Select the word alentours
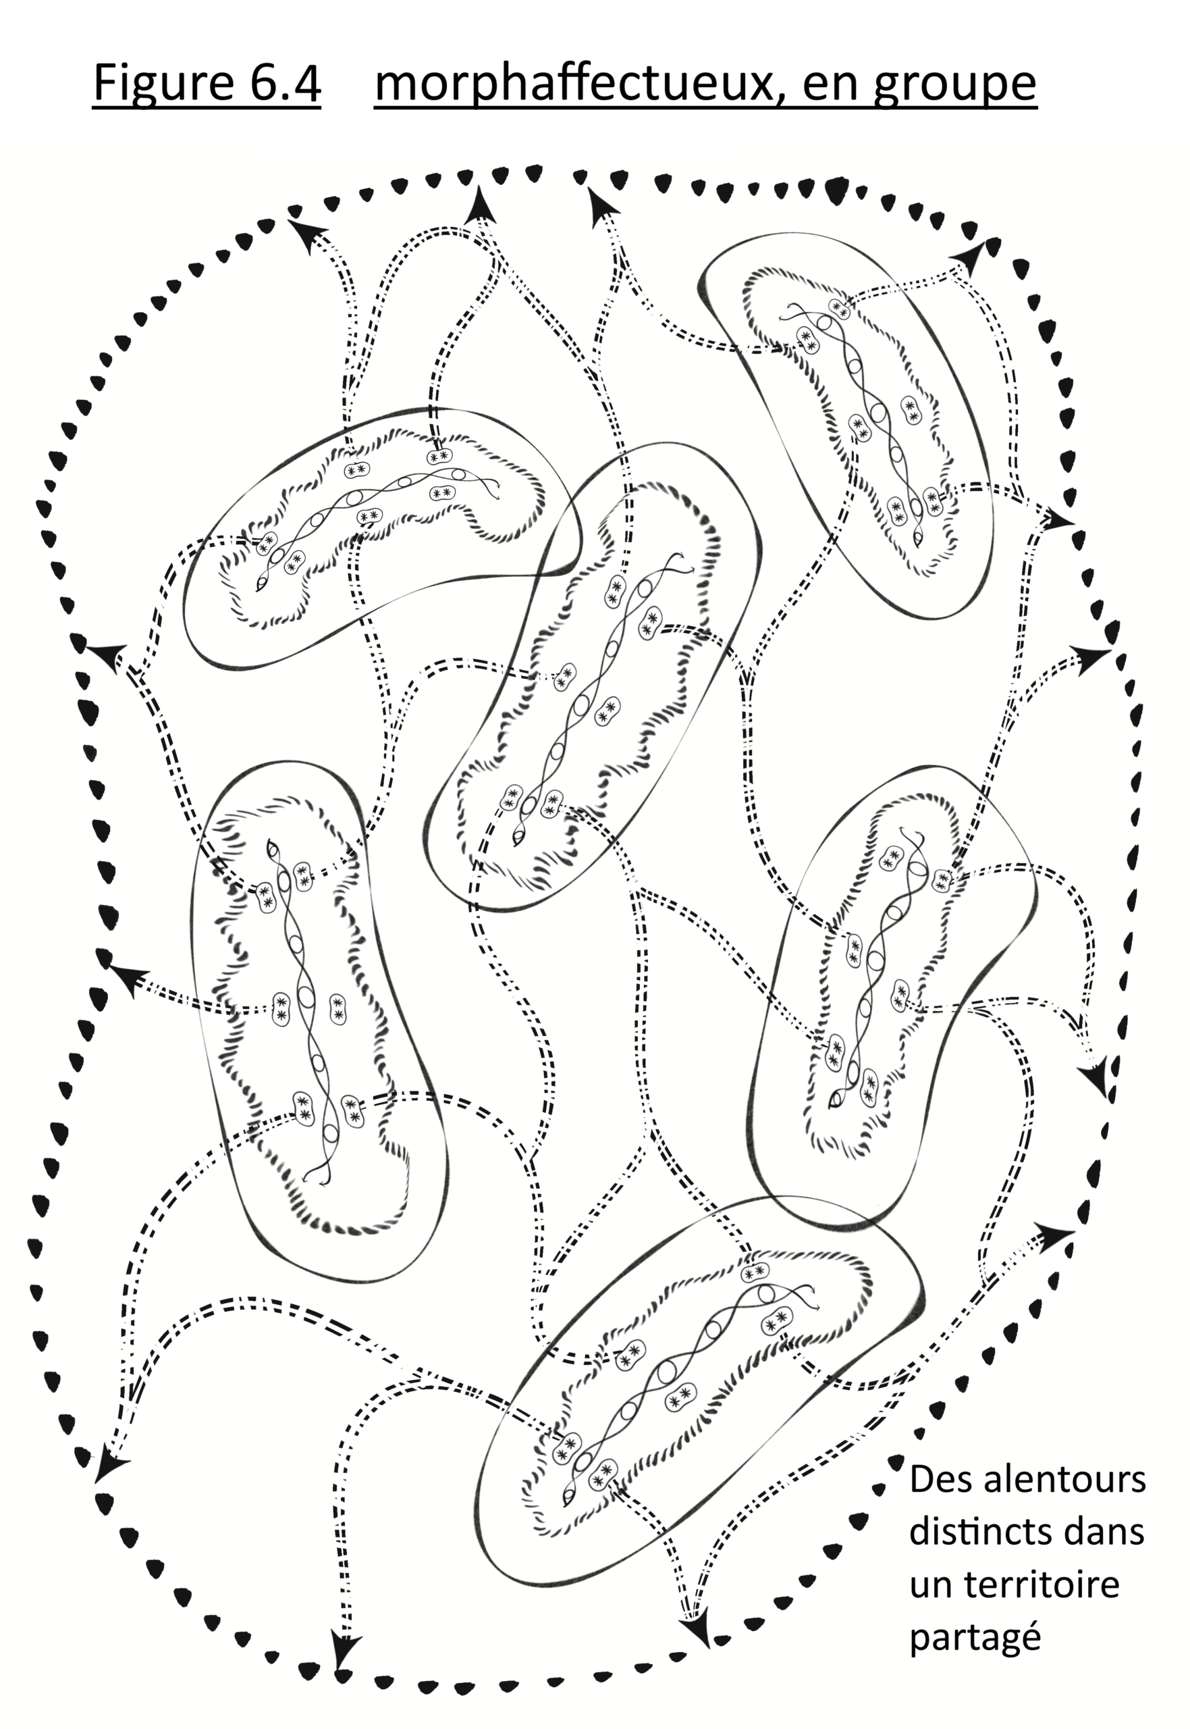1064,1478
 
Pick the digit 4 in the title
306,82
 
